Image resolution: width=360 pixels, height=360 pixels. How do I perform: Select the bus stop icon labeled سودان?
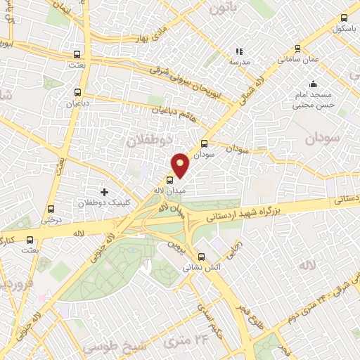coord(205,143)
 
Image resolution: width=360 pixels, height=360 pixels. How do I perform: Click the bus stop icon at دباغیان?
coord(78,92)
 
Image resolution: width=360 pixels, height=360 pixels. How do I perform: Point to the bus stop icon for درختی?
coord(50,209)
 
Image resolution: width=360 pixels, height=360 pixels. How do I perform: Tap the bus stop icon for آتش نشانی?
coord(202,257)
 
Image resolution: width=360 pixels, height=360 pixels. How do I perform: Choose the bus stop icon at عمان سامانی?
coord(298,49)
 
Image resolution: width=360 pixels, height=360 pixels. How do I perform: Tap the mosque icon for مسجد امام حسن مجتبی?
coord(313,84)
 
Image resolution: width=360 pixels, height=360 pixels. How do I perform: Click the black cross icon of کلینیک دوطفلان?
coord(105,191)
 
